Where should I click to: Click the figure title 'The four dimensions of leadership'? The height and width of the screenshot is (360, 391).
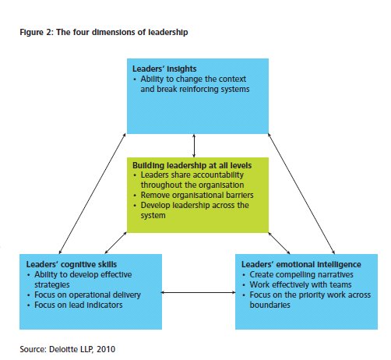click(x=122, y=32)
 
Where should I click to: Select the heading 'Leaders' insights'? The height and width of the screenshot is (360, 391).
click(x=164, y=69)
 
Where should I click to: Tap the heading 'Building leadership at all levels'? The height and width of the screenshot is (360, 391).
click(x=192, y=165)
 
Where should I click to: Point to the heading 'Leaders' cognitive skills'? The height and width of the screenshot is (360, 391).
click(x=72, y=264)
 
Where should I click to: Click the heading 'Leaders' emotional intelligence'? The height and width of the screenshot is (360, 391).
click(x=301, y=264)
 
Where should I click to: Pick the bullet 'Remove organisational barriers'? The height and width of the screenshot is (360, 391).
click(x=197, y=195)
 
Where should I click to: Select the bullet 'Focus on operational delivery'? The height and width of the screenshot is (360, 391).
click(x=87, y=295)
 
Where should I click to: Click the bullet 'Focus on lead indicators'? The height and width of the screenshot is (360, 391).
click(x=79, y=305)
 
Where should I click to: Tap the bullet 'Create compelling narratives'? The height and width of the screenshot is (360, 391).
click(x=301, y=274)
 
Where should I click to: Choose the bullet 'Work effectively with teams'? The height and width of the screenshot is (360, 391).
click(x=301, y=284)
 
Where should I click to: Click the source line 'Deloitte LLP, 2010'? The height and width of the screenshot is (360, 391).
click(x=82, y=349)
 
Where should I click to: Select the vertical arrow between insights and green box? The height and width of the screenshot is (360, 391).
click(x=194, y=146)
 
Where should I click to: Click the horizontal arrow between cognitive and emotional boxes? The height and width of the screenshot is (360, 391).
click(x=199, y=292)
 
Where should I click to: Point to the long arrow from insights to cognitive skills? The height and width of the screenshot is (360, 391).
click(x=93, y=193)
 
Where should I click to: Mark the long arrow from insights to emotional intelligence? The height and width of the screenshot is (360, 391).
click(x=301, y=193)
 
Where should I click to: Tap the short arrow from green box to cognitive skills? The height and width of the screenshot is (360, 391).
click(x=116, y=243)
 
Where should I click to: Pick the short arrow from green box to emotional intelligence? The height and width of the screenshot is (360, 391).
click(x=279, y=243)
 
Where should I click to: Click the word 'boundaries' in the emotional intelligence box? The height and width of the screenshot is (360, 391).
click(x=270, y=305)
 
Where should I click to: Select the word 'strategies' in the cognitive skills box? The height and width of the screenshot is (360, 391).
click(x=52, y=285)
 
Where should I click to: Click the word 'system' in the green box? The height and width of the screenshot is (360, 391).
click(x=153, y=216)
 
